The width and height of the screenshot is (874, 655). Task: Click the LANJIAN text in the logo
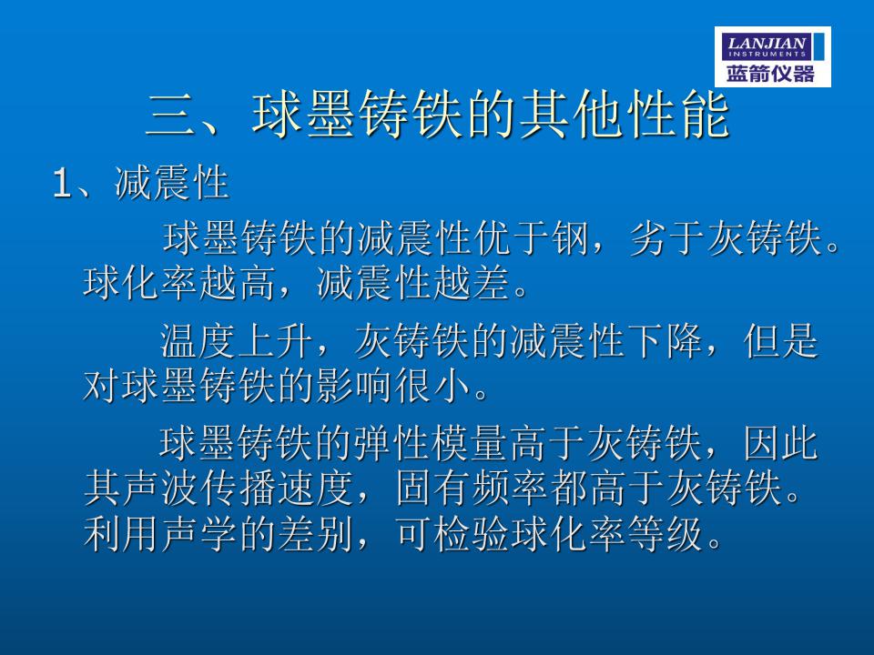click(x=767, y=43)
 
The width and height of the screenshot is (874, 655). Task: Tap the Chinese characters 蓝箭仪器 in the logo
click(x=770, y=74)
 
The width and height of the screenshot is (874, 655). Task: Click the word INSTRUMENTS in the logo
click(x=767, y=54)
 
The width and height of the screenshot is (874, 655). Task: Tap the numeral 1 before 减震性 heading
click(x=61, y=183)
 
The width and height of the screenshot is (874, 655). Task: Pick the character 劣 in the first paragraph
click(x=648, y=237)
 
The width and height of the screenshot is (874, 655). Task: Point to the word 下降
click(x=665, y=340)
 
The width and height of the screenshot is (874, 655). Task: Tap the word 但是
click(x=781, y=340)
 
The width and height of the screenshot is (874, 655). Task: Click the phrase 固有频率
click(x=471, y=489)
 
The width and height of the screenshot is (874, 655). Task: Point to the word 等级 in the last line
click(x=665, y=534)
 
